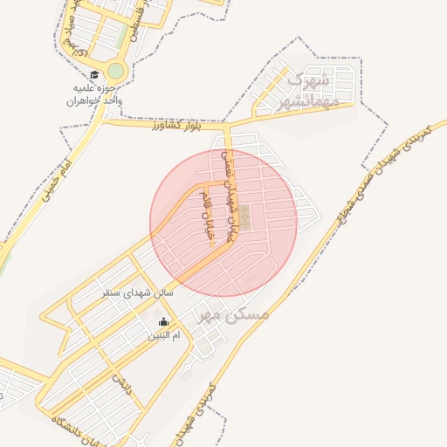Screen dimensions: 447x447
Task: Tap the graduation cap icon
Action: [x=93, y=75]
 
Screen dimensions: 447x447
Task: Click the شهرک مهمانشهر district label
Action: [x=305, y=93]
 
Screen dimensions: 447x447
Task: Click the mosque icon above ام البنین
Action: [x=162, y=321]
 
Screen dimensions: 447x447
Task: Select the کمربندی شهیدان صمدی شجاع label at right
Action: [x=382, y=175]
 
